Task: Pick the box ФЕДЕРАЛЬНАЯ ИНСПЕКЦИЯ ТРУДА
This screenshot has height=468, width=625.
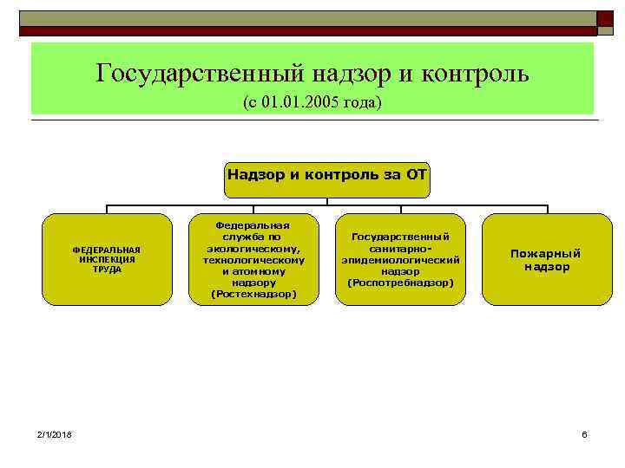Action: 107,259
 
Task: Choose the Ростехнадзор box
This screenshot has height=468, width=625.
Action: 253,259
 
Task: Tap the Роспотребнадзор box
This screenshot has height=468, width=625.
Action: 400,259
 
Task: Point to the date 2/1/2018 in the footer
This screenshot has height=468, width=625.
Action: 55,433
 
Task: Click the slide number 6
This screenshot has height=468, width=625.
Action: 584,433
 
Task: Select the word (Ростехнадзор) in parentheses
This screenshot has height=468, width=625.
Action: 253,295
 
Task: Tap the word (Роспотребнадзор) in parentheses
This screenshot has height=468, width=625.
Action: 400,283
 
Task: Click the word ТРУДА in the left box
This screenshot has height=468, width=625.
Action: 107,269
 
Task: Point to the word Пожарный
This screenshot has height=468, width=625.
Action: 546,253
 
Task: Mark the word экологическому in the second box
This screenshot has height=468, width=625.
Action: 253,248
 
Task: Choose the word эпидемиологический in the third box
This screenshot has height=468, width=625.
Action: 400,260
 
